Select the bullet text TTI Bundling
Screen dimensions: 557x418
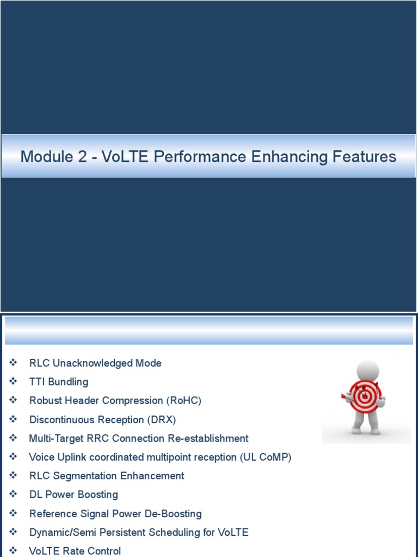tap(59, 382)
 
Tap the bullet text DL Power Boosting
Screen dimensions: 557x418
tap(73, 495)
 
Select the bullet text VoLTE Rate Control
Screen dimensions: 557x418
tap(75, 551)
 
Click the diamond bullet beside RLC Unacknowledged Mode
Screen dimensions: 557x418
tap(14, 363)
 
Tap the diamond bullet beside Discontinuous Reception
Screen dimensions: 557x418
tap(14, 419)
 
